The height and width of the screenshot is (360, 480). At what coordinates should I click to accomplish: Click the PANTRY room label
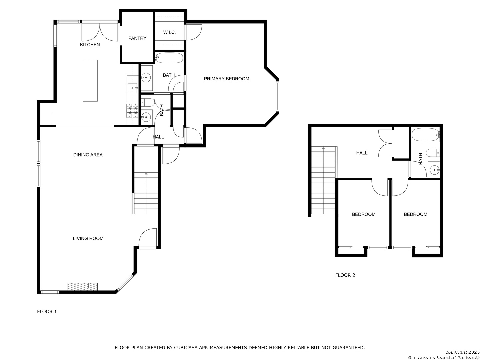[x=137, y=38]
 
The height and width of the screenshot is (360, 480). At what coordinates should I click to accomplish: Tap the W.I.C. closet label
[x=169, y=32]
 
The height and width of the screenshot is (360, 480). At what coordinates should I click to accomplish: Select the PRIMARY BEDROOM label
[x=226, y=79]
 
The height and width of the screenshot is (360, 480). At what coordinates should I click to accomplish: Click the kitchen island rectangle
[x=90, y=80]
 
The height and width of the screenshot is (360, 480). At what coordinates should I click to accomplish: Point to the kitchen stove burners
[x=132, y=110]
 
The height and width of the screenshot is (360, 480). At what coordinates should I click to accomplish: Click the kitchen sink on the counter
[x=132, y=88]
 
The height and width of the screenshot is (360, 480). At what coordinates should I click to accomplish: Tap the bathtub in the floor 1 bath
[x=169, y=58]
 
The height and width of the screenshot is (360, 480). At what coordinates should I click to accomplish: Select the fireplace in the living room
[x=82, y=287]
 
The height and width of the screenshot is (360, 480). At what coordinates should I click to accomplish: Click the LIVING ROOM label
[x=88, y=238]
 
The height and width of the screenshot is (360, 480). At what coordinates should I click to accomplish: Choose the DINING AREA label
[x=88, y=155]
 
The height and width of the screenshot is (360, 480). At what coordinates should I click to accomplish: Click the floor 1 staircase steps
[x=146, y=193]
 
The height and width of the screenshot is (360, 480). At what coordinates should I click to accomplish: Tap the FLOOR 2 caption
[x=345, y=275]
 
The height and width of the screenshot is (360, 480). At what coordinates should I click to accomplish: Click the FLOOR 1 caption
[x=47, y=311]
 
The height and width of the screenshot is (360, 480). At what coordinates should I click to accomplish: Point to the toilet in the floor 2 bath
[x=433, y=153]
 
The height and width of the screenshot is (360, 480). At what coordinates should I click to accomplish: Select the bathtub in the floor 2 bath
[x=426, y=135]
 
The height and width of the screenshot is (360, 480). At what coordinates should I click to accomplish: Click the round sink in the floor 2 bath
[x=434, y=170]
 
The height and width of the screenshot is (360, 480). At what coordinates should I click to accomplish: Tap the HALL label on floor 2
[x=362, y=153]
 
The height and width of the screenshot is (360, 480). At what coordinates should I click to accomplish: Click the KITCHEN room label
[x=90, y=45]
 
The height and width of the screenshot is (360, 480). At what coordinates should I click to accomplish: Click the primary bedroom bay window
[x=277, y=96]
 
